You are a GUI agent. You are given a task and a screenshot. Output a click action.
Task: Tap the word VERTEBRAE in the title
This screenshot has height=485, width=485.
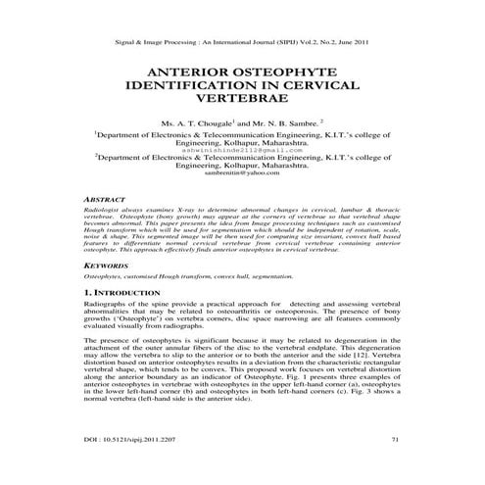pos(242,101)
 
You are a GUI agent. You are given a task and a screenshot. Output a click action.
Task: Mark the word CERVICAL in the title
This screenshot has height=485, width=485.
pos(327,87)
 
